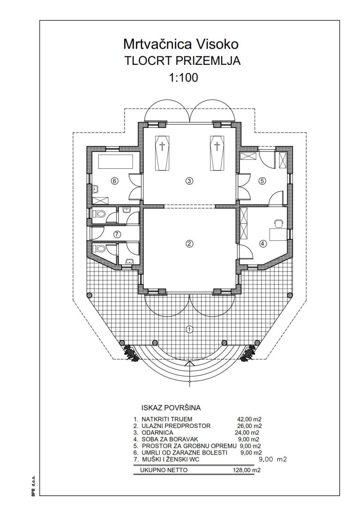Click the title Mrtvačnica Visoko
pos(181,44)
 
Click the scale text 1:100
pos(183,78)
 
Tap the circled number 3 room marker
pos(189,181)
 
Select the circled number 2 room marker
pos(189,243)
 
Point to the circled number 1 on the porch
pos(189,329)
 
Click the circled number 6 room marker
pos(114,181)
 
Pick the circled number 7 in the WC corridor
pos(117,234)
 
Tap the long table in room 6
pos(116,162)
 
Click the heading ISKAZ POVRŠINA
pos(171,407)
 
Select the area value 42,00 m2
pos(250,419)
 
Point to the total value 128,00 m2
pos(247,470)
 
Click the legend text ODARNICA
pos(157,433)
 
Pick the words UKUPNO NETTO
pos(164,470)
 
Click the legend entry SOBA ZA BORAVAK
pos(170,439)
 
